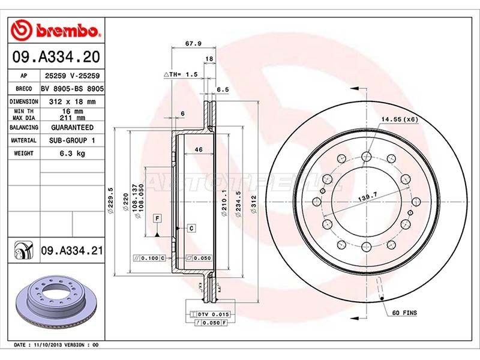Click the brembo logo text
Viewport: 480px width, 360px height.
[67, 31]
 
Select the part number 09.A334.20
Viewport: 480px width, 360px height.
[56, 57]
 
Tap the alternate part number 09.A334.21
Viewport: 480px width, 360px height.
[72, 251]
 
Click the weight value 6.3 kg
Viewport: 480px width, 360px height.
[72, 154]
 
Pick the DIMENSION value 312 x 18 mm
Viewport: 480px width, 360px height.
[72, 101]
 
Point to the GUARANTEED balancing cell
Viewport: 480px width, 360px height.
[72, 127]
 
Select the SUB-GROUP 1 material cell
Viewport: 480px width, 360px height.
[72, 140]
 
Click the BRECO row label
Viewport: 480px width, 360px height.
[24, 89]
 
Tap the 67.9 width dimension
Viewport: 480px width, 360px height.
[193, 43]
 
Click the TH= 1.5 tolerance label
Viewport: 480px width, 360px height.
[181, 74]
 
